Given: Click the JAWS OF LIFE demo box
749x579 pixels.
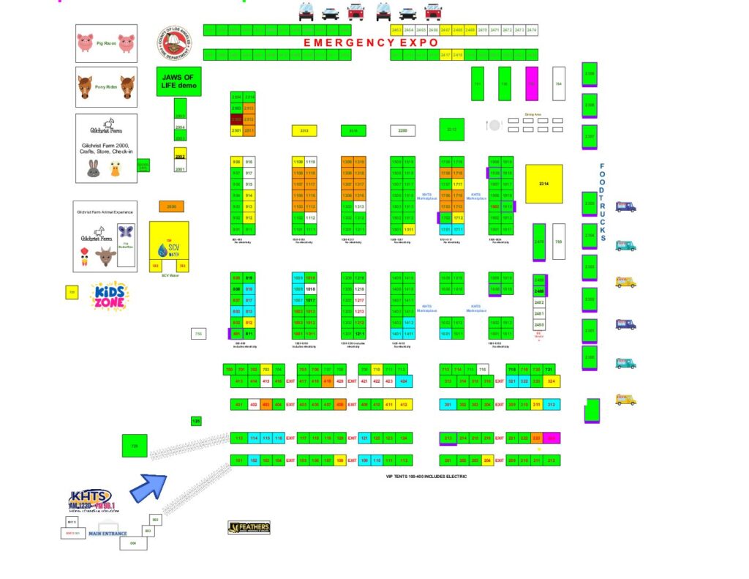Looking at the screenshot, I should click(x=178, y=81).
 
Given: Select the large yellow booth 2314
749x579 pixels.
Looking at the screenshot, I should click(x=543, y=184).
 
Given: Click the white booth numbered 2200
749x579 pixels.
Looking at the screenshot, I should click(x=402, y=131).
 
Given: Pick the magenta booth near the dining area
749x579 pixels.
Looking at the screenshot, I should click(x=532, y=83).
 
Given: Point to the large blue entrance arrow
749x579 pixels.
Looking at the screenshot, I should click(x=148, y=487).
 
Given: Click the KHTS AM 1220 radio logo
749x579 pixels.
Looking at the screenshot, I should click(x=91, y=501).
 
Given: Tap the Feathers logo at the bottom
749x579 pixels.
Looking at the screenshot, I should click(x=249, y=527).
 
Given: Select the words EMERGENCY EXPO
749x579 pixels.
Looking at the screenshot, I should click(x=370, y=42).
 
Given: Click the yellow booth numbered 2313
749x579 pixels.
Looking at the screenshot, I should click(x=304, y=131).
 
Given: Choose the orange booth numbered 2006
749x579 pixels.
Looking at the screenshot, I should click(x=171, y=207).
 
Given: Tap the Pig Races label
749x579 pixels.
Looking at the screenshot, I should click(x=106, y=44).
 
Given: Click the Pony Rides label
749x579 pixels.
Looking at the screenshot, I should click(x=106, y=87).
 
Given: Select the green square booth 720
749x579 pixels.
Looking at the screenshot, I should click(x=134, y=446).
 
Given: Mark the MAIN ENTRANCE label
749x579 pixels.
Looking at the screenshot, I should click(x=108, y=534).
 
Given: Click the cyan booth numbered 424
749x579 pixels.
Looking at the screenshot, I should click(x=404, y=381).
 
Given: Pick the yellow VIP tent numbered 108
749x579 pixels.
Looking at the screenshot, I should click(x=340, y=460).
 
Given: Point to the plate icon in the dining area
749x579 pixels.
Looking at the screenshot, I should click(x=494, y=125).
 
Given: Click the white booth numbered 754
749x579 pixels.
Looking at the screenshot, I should click(x=559, y=83).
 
